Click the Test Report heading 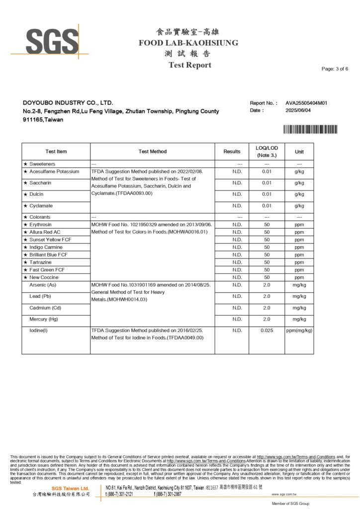(x=189, y=65)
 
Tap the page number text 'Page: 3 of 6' (x=335, y=69)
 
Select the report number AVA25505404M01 (x=306, y=103)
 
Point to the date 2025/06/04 (x=298, y=110)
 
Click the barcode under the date (x=310, y=129)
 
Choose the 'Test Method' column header (x=153, y=152)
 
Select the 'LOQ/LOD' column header (x=267, y=148)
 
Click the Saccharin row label (x=40, y=183)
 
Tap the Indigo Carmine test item (x=46, y=247)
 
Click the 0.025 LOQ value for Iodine (x=267, y=330)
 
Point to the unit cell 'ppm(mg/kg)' (x=299, y=330)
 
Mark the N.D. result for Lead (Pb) (x=237, y=296)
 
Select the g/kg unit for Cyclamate (x=299, y=206)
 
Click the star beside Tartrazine (x=25, y=262)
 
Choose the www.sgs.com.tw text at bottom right (x=284, y=495)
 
